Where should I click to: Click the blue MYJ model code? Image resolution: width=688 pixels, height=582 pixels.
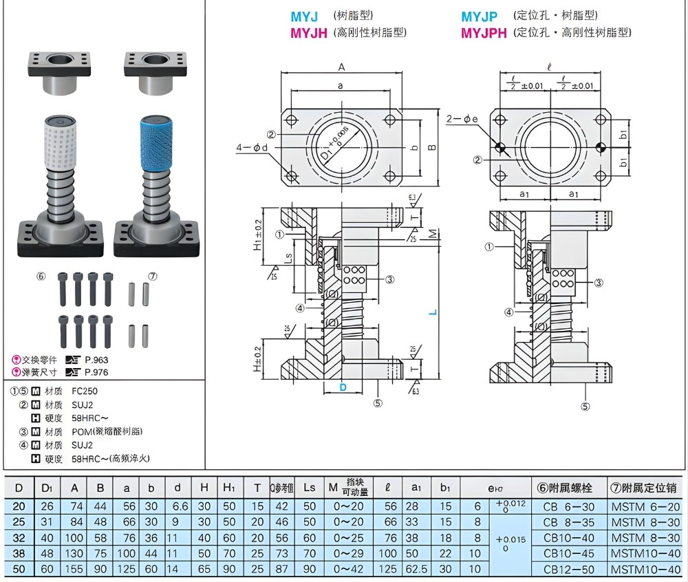click(x=304, y=16)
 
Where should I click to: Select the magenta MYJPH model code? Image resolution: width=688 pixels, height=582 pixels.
click(x=484, y=32)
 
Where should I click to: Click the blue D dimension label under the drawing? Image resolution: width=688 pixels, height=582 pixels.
click(x=343, y=388)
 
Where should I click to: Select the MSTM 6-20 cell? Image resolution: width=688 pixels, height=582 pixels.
click(x=645, y=506)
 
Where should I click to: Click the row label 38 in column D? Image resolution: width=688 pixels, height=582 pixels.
click(x=19, y=554)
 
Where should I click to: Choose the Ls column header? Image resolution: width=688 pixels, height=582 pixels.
click(x=309, y=488)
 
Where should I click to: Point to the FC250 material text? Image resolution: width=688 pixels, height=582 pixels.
click(x=84, y=391)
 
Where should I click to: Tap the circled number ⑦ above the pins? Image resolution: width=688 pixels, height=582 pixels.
click(x=153, y=276)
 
